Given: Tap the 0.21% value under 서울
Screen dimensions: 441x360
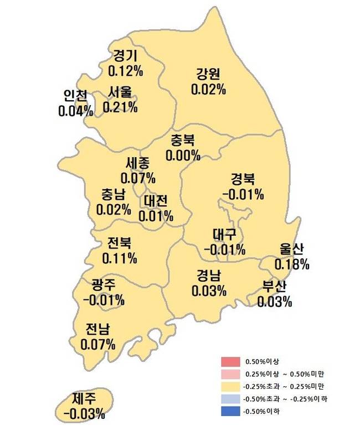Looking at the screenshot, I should (120, 106).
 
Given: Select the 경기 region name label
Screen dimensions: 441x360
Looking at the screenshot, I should (125, 56).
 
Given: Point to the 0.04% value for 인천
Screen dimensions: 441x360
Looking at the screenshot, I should (75, 111).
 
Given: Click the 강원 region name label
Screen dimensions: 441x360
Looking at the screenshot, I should (208, 74).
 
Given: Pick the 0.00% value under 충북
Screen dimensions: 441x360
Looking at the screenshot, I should (183, 155).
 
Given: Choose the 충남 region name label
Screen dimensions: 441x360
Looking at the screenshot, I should (113, 195).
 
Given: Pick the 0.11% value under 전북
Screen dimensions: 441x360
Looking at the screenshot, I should (120, 258).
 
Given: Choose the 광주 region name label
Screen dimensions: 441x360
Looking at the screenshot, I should (104, 286).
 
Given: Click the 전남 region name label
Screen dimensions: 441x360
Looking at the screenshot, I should (97, 330).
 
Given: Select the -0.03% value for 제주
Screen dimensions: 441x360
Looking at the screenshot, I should (84, 413).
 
